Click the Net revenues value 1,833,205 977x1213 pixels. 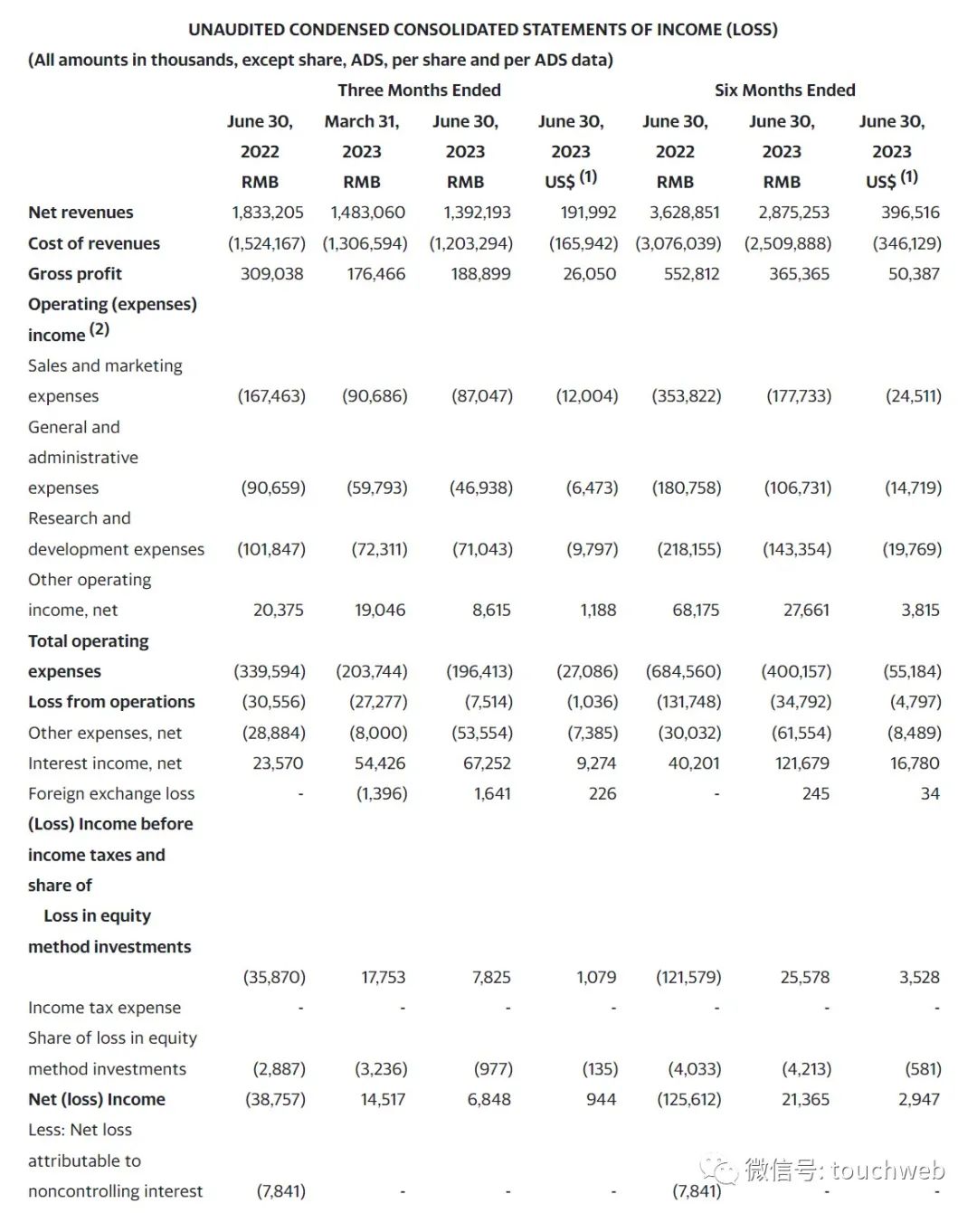[x=267, y=213]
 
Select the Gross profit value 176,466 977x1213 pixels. [x=375, y=274]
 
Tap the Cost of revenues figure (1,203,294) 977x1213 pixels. [x=470, y=243]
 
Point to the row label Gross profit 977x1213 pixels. [x=75, y=274]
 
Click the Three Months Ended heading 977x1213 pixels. [x=419, y=90]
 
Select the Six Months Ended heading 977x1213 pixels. [x=784, y=90]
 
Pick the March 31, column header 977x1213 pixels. [x=362, y=121]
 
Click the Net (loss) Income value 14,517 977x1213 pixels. [x=383, y=1100]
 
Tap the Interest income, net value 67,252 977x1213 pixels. [x=487, y=763]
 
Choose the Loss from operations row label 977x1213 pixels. [x=111, y=702]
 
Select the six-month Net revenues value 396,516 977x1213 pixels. [x=910, y=213]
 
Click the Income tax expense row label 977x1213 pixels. [x=104, y=1008]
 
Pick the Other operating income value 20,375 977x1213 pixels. [x=278, y=611]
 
